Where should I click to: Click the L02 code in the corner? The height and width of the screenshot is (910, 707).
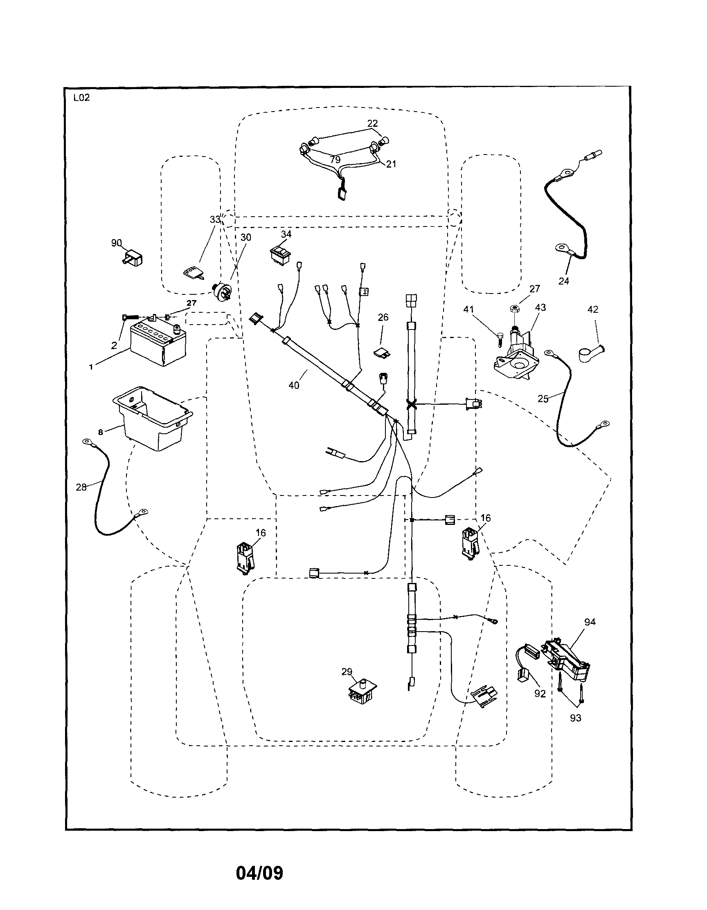[x=81, y=99]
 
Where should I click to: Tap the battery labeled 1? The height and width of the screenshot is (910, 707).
[x=157, y=344]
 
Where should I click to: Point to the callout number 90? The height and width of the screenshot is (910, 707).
[x=116, y=243]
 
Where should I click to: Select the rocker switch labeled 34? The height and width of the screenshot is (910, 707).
[x=280, y=254]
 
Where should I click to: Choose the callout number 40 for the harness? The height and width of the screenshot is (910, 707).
[x=294, y=386]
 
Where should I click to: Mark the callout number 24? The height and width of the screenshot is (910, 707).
[x=563, y=281]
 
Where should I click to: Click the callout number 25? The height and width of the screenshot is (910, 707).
[x=543, y=399]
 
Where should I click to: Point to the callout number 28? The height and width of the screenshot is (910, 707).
[x=81, y=486]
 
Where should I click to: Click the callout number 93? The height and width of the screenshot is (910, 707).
[x=575, y=718]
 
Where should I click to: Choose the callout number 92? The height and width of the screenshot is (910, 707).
[x=540, y=694]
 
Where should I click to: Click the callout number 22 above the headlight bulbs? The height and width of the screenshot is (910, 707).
[x=372, y=123]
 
